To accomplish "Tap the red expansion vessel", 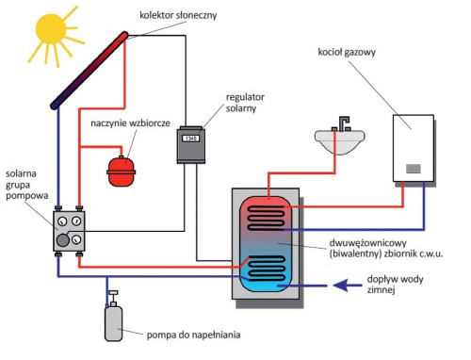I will [x=121, y=169].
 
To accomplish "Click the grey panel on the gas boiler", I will [x=414, y=169].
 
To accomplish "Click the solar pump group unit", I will [x=72, y=230].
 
